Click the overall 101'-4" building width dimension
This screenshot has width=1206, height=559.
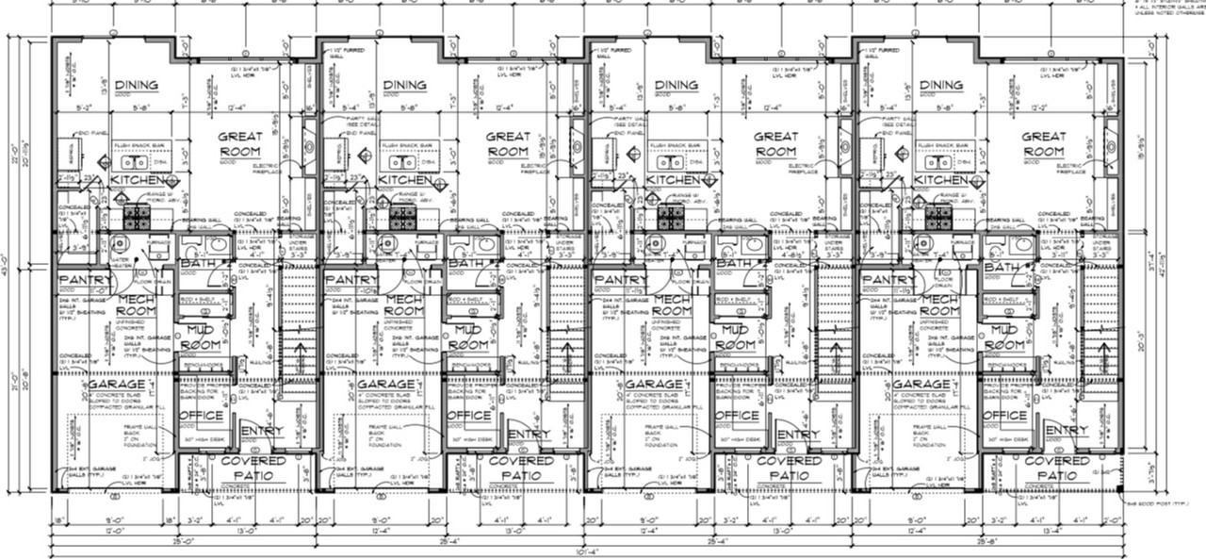584,553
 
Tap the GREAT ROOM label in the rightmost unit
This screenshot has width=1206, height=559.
1043,144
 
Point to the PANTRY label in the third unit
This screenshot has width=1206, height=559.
619,281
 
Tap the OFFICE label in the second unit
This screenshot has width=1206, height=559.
468,416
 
